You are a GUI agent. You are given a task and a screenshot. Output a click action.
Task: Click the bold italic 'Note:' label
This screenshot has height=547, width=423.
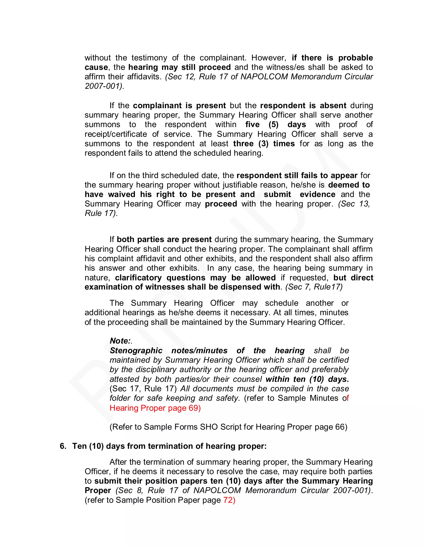(x=120, y=341)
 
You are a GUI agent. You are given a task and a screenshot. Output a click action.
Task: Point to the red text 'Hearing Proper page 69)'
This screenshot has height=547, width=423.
(x=155, y=408)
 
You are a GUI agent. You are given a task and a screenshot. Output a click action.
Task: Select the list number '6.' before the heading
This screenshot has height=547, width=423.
(x=63, y=446)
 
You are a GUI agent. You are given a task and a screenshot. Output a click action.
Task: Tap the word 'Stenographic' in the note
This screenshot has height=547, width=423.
(x=136, y=350)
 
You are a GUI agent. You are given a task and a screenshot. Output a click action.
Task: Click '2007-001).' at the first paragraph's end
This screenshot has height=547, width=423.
(x=105, y=86)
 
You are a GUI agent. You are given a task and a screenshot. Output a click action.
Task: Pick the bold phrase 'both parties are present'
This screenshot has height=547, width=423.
(x=164, y=239)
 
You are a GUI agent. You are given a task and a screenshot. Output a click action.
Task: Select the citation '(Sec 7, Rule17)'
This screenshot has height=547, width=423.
(x=314, y=287)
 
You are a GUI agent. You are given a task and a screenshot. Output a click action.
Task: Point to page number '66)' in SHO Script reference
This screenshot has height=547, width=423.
(x=341, y=427)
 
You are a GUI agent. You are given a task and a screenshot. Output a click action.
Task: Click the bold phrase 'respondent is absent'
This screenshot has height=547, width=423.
(x=303, y=105)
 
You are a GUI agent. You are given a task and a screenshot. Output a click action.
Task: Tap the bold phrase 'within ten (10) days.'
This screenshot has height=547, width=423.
(x=307, y=379)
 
